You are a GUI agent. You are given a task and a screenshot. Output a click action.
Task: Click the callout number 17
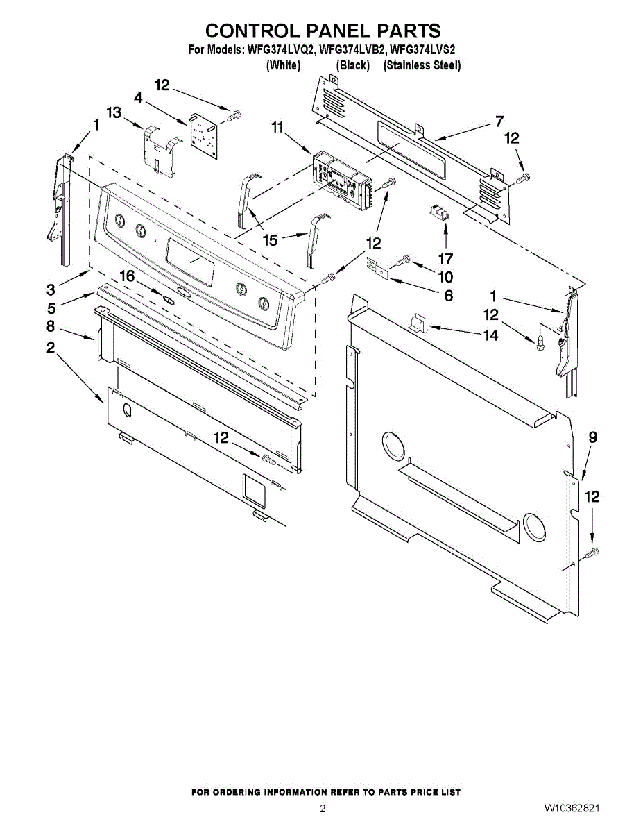tap(445, 259)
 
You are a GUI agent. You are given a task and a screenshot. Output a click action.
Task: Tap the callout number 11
tap(277, 127)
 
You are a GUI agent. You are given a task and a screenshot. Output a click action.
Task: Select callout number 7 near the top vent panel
tap(499, 121)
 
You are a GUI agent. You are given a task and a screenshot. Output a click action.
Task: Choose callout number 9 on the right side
tap(592, 437)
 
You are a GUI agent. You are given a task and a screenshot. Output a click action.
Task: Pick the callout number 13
tap(114, 112)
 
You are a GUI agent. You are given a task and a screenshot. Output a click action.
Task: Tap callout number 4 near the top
tap(139, 98)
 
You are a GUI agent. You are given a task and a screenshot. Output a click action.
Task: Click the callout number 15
tap(270, 240)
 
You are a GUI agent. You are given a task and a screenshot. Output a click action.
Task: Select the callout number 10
tap(445, 277)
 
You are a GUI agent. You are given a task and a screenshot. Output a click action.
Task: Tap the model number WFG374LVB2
tap(352, 50)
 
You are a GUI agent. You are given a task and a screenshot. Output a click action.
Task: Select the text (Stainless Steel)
tap(422, 65)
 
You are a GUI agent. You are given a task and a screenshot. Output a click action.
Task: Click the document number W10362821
tap(572, 809)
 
